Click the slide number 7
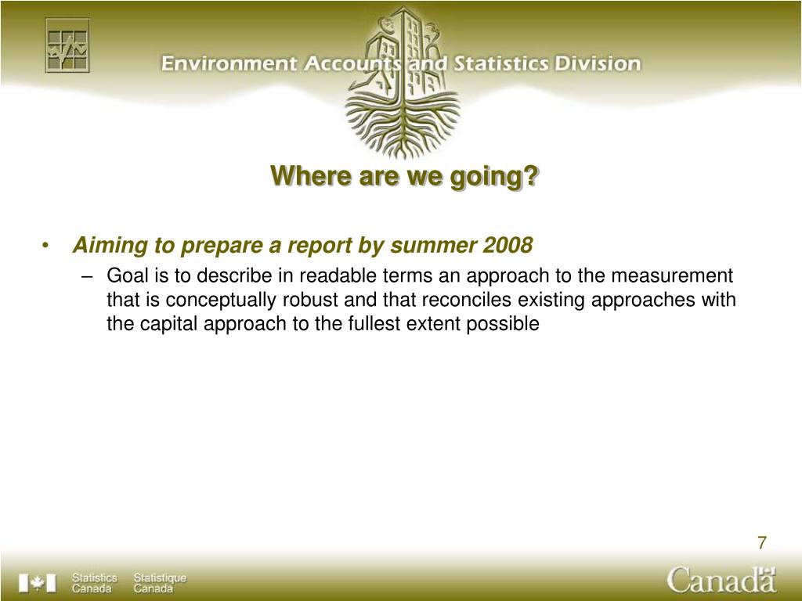click(x=762, y=542)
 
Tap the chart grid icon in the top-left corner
click(x=67, y=45)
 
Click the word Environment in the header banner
click(x=229, y=64)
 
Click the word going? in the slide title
click(x=494, y=177)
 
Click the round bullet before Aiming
click(x=45, y=246)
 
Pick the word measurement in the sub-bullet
click(x=671, y=276)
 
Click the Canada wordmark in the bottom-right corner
click(x=721, y=580)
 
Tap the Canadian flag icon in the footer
click(x=38, y=583)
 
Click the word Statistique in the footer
click(x=160, y=578)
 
